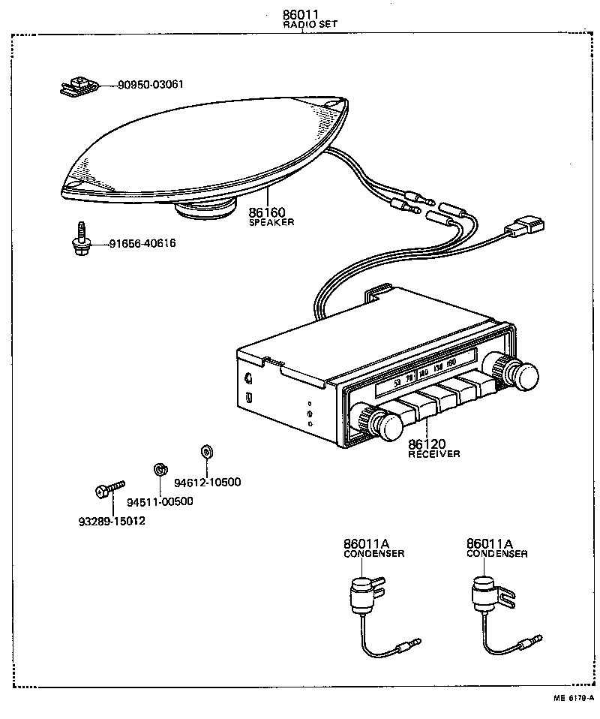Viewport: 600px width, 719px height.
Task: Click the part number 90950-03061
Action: pyautogui.click(x=150, y=85)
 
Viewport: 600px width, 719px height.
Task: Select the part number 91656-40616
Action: pyautogui.click(x=142, y=243)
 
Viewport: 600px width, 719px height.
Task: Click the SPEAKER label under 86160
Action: pyautogui.click(x=271, y=222)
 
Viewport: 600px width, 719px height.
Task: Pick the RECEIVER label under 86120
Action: pyautogui.click(x=434, y=453)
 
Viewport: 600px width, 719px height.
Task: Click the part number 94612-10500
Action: pyautogui.click(x=207, y=482)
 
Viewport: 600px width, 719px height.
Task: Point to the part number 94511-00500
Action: pyautogui.click(x=160, y=502)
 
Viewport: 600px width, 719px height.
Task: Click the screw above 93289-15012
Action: pyautogui.click(x=109, y=489)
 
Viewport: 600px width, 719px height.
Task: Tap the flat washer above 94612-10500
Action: pyautogui.click(x=206, y=453)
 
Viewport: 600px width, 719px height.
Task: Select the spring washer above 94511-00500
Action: pyautogui.click(x=159, y=470)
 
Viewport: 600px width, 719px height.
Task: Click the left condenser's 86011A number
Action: pyautogui.click(x=365, y=543)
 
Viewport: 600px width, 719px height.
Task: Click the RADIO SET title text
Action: pyautogui.click(x=310, y=24)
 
